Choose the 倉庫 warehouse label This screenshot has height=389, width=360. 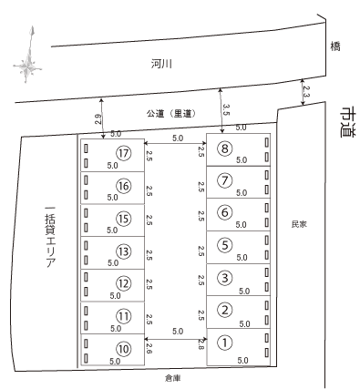click(x=172, y=375)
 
